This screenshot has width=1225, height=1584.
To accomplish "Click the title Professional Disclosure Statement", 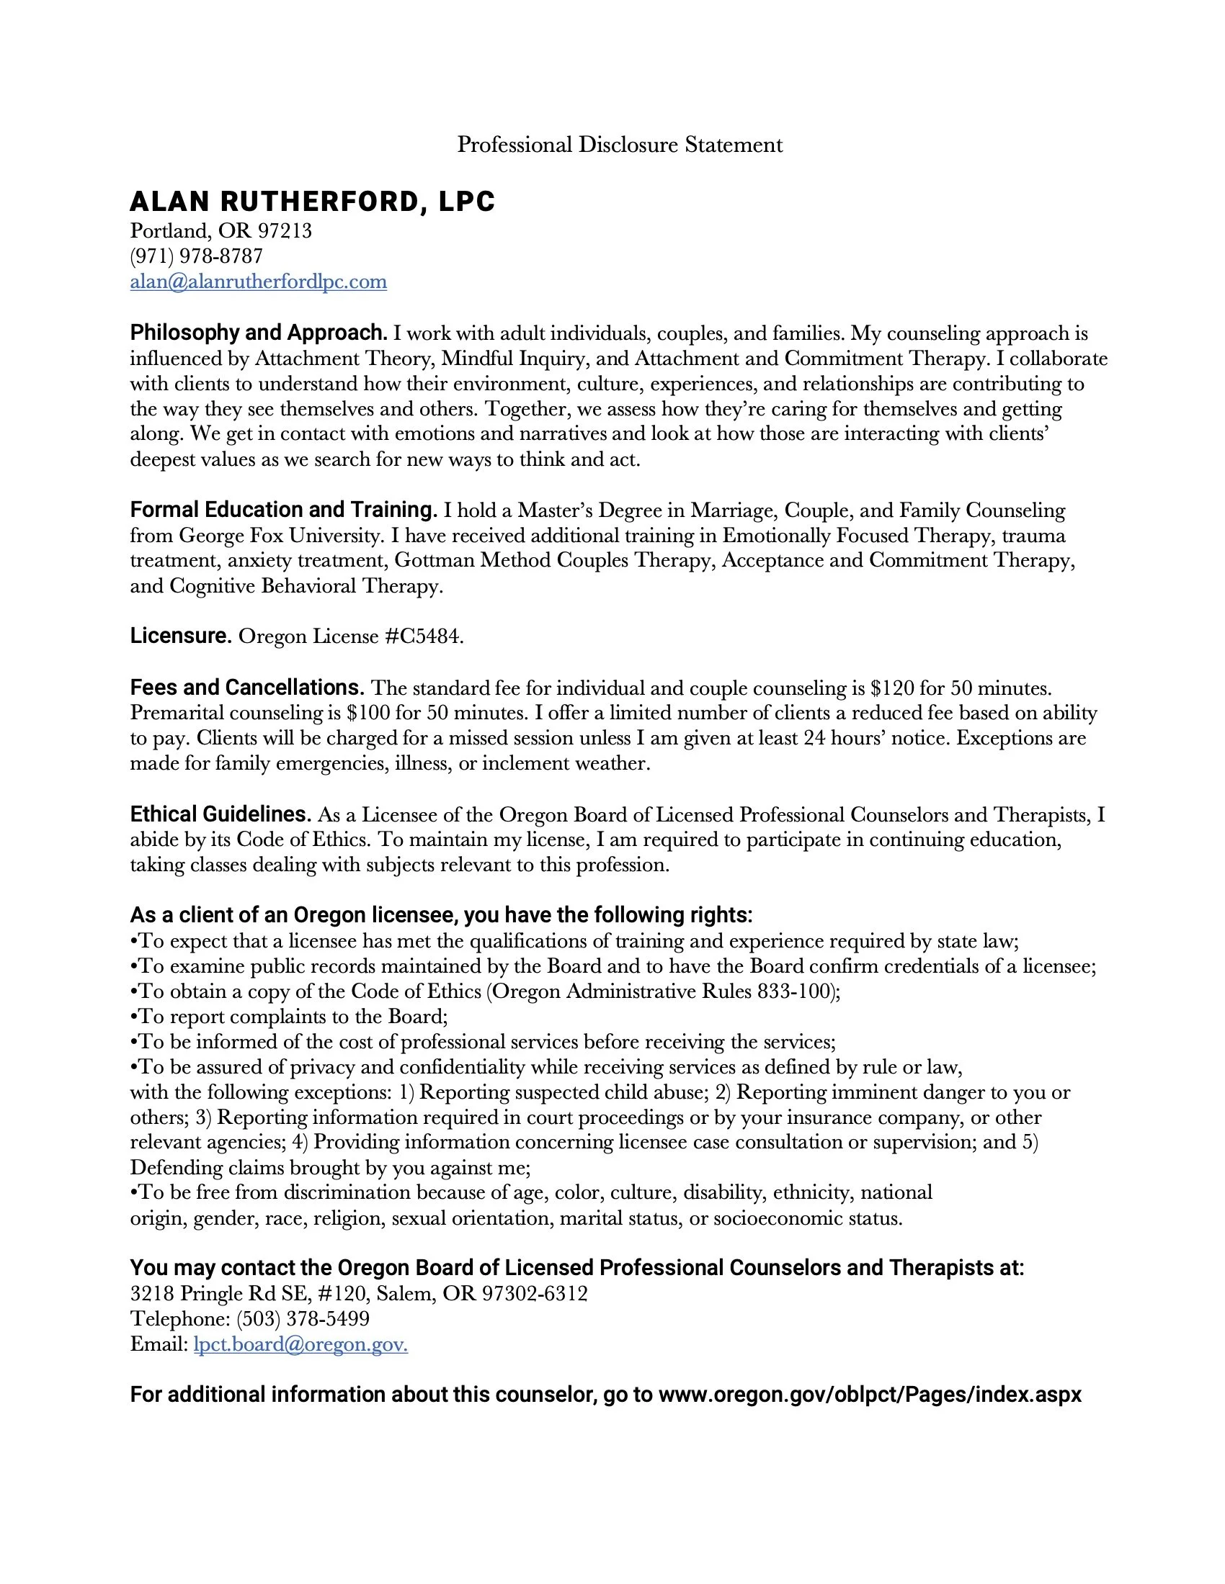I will coord(619,145).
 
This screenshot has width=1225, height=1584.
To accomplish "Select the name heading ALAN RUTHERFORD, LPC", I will coord(312,202).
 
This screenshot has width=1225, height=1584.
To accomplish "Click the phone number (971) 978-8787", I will coord(196,256).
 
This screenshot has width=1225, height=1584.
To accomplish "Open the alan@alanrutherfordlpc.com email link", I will coord(259,282).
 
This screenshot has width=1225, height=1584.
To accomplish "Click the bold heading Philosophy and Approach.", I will coord(259,333).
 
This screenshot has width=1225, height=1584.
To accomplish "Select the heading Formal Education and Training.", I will coord(283,510).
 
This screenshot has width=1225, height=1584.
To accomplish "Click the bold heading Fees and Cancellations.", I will coord(246,688).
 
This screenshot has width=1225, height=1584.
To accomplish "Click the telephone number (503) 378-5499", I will coord(303,1318).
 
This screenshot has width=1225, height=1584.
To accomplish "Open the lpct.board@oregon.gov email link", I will coord(300,1345).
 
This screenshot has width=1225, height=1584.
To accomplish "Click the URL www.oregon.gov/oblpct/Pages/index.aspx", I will coord(870,1395).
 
